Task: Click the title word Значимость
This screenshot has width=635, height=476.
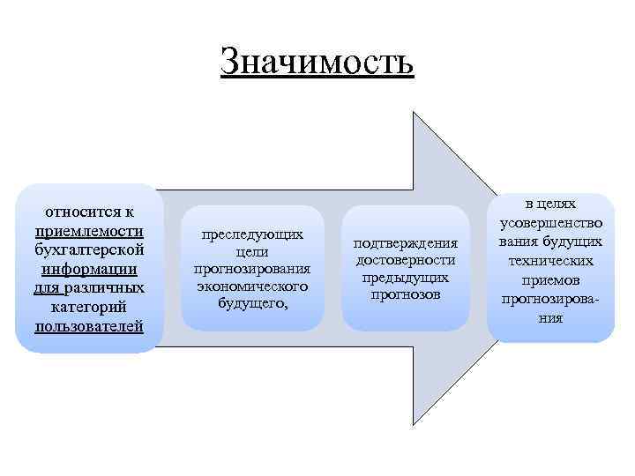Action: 317,63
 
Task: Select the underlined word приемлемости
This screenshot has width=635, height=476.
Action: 90,231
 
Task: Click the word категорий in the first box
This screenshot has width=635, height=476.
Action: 90,308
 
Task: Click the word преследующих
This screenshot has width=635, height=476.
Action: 252,235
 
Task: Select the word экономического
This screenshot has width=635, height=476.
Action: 252,286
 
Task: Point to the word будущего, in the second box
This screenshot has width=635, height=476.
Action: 252,303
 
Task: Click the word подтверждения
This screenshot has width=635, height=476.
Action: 406,243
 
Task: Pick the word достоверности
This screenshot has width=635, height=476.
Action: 406,260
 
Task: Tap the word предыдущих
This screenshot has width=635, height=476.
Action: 406,277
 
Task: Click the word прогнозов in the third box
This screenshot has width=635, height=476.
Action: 406,294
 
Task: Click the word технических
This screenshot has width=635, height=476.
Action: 551,261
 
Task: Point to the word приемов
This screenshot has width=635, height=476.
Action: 551,280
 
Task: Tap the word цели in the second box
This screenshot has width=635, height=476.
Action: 252,252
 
